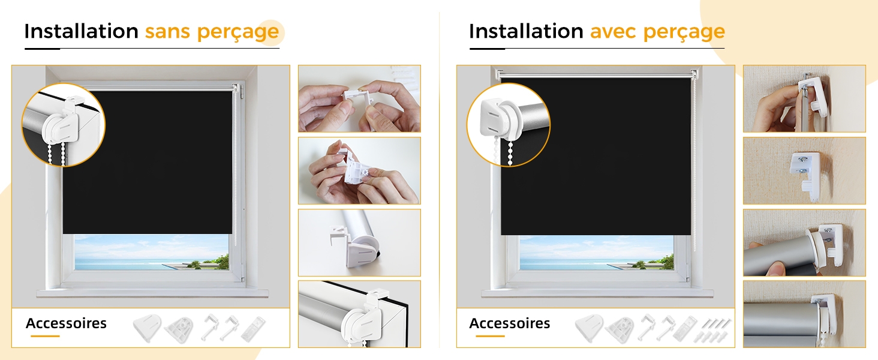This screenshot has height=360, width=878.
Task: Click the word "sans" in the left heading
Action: (167, 31)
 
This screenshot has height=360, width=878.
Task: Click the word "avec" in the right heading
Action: (613, 31)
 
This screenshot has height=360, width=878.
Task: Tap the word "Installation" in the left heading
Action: (81, 31)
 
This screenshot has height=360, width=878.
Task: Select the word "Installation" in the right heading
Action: (526, 31)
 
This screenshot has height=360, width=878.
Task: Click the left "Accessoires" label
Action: (66, 323)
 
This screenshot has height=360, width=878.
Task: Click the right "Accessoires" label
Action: (510, 323)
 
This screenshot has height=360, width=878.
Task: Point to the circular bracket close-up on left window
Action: (64, 125)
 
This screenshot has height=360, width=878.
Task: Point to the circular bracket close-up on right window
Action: (509, 125)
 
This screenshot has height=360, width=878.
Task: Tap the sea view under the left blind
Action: (151, 252)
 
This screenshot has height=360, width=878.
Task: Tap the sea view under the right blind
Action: (596, 253)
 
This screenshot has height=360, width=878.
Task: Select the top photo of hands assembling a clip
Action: (359, 98)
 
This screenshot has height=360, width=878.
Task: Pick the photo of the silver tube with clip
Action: (359, 242)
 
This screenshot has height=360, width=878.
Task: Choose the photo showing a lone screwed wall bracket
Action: (804, 170)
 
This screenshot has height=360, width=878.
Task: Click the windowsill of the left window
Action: (152, 293)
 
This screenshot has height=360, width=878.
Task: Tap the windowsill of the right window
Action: (597, 293)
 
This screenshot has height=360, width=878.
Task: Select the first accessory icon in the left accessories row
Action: (147, 328)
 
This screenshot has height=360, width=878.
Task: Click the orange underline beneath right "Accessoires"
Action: (490, 336)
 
